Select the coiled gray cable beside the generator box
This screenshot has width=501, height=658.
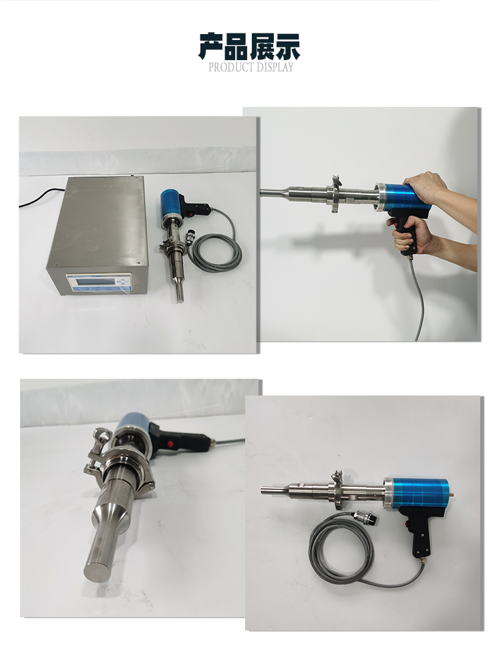tap(215, 252)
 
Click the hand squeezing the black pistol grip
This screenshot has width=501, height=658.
tap(409, 236)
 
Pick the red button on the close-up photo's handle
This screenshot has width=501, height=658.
tap(170, 444)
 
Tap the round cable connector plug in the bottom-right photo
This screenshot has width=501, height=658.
tap(365, 518)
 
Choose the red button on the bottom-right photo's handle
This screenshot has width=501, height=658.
tap(407, 524)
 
